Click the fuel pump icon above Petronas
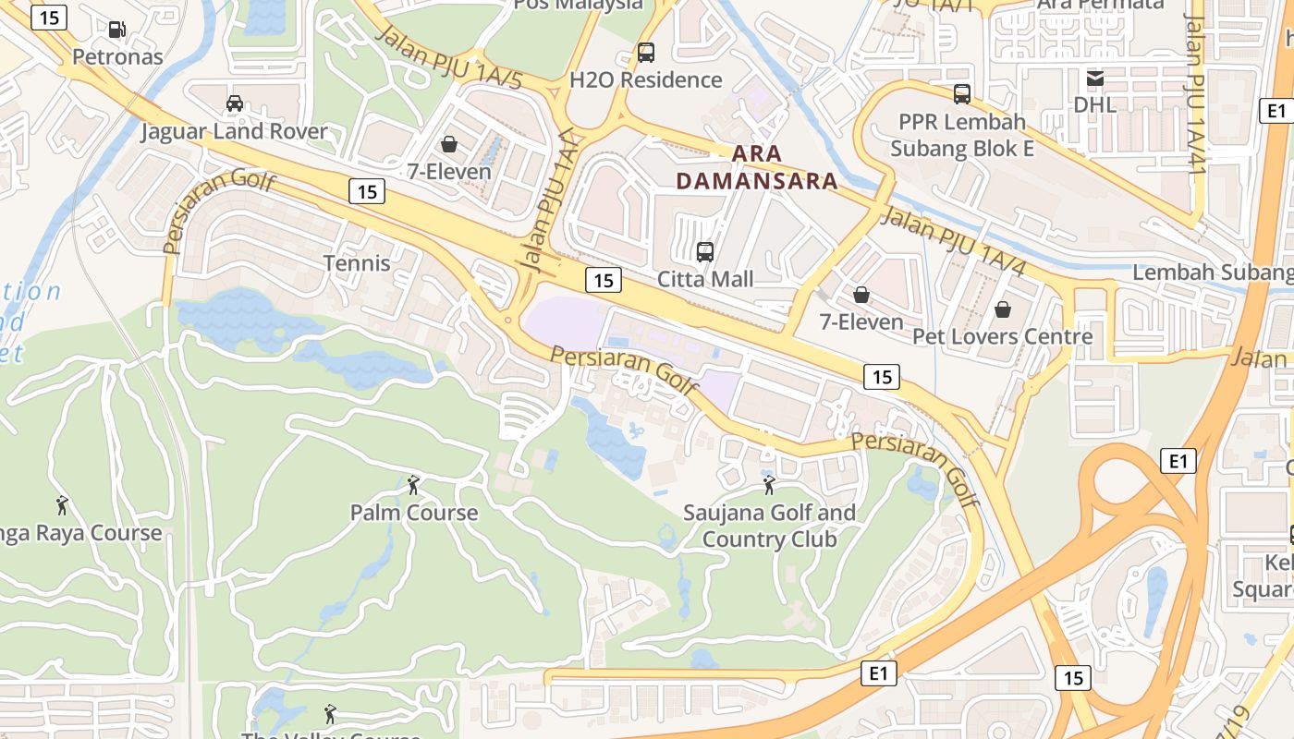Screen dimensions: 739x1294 [x=117, y=30]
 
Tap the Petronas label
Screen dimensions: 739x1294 [x=117, y=56]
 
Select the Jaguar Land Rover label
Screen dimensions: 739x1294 [x=234, y=131]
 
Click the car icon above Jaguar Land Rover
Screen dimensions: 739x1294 [x=235, y=103]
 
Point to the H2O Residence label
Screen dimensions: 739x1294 [x=645, y=79]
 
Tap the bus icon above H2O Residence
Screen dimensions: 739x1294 [x=645, y=53]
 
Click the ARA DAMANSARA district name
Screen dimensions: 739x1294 [x=757, y=167]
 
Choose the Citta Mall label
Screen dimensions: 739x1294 [x=705, y=279]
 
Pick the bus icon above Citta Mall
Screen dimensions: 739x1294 [x=705, y=251]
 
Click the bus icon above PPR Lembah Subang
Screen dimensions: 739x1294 [x=962, y=93]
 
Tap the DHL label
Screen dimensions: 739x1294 [x=1094, y=104]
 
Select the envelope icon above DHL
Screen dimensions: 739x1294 [x=1094, y=78]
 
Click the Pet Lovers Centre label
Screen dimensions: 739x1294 [x=1003, y=336]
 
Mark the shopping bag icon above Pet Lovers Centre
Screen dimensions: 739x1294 [x=1003, y=309]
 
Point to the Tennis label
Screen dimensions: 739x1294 [x=357, y=263]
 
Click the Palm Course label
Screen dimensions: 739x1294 [x=414, y=513]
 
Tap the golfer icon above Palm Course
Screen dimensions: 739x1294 [x=413, y=484]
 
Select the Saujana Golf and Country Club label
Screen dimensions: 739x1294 [x=769, y=526]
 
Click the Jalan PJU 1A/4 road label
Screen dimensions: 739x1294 [x=954, y=243]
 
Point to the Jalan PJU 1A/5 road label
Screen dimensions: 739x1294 [x=449, y=59]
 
